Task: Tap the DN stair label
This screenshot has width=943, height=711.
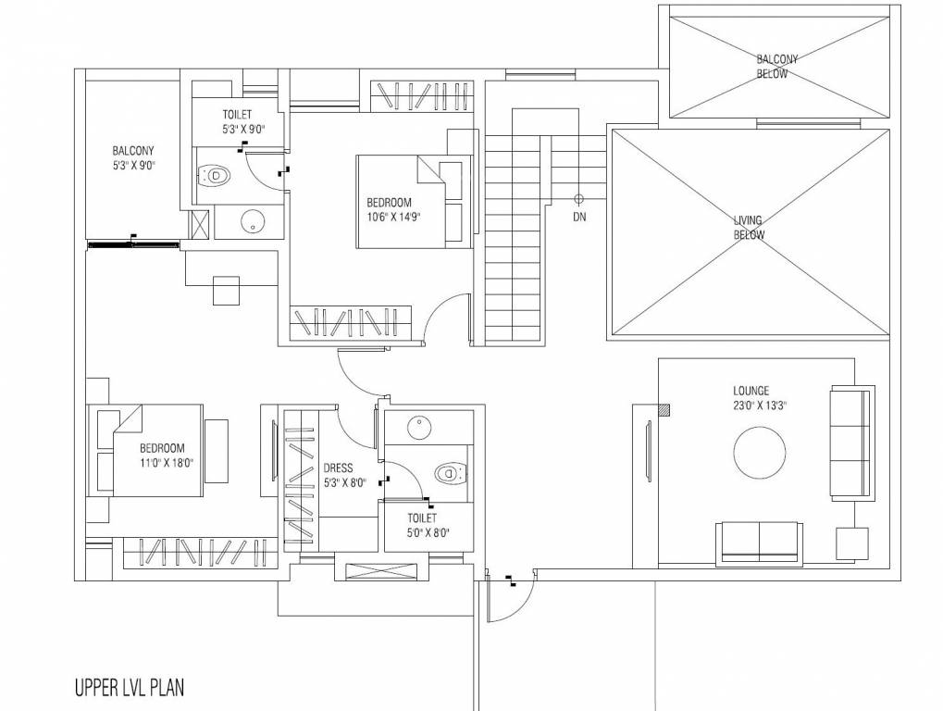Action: (578, 218)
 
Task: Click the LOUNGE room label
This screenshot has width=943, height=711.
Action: (751, 392)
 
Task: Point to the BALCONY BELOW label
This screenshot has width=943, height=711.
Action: (776, 66)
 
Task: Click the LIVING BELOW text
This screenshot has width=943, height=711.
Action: (748, 228)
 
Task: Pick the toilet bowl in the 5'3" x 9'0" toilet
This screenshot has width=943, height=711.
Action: (215, 174)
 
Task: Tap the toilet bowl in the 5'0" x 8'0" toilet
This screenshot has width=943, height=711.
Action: (449, 474)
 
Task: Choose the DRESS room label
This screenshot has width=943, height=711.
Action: (337, 468)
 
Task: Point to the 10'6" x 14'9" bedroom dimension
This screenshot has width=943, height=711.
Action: (395, 218)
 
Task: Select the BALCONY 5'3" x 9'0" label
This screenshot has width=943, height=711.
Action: (133, 158)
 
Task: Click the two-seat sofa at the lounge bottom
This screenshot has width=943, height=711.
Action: (760, 541)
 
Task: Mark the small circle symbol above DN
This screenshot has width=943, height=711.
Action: (578, 198)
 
